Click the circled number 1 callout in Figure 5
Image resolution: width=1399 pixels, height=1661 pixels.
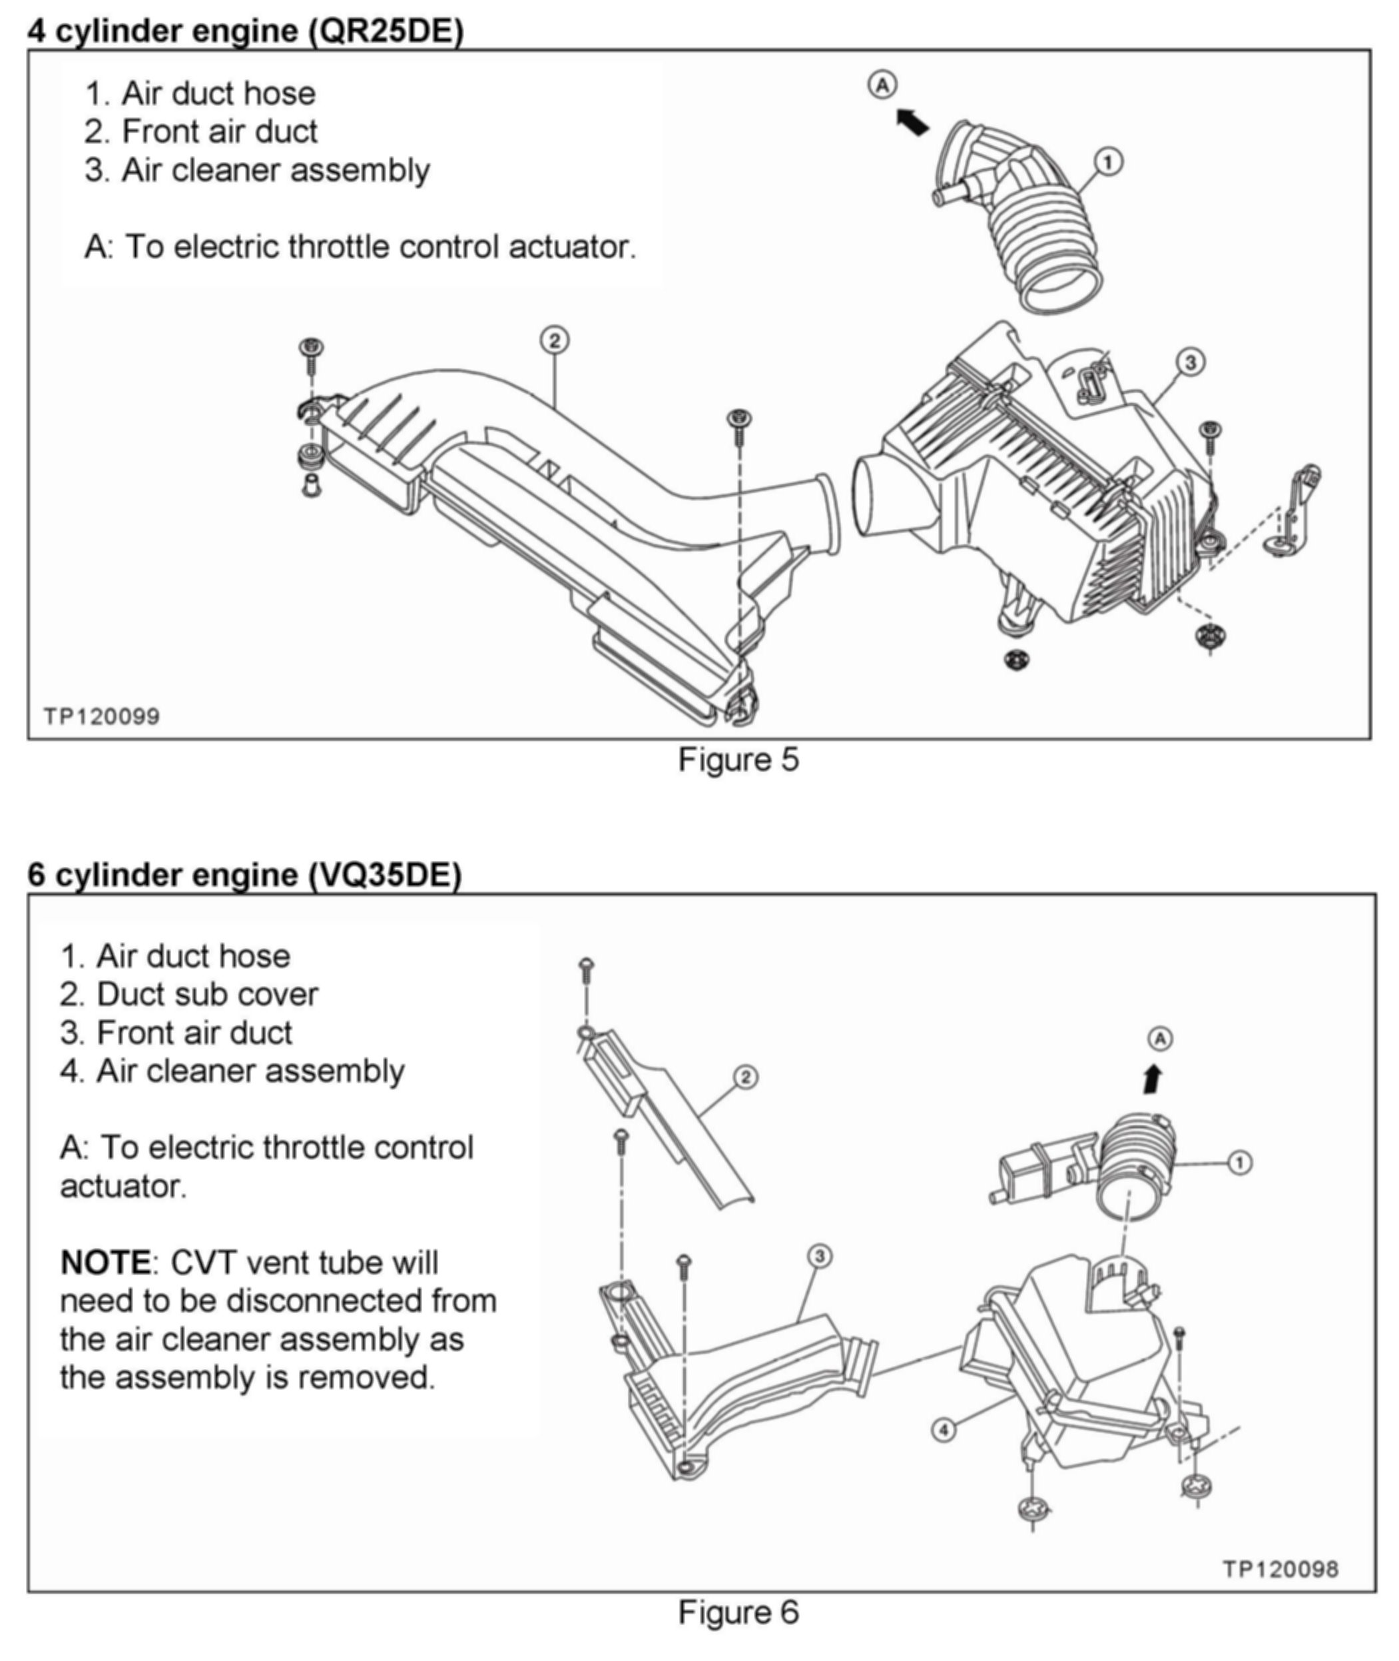coord(1108,162)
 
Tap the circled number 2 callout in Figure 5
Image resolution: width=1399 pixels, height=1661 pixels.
coord(555,340)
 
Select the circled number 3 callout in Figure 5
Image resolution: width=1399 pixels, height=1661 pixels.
coord(1190,362)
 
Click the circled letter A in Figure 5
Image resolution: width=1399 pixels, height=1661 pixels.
coord(883,85)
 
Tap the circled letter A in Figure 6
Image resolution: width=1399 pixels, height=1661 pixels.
coord(1160,1039)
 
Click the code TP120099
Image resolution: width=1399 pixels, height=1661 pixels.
coord(101,717)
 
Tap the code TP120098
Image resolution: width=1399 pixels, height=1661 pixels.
coord(1280,1569)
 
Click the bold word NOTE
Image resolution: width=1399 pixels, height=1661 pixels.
coord(105,1263)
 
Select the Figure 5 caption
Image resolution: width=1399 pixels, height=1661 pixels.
coord(738,760)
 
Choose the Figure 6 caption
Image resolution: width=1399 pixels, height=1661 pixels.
coord(738,1612)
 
